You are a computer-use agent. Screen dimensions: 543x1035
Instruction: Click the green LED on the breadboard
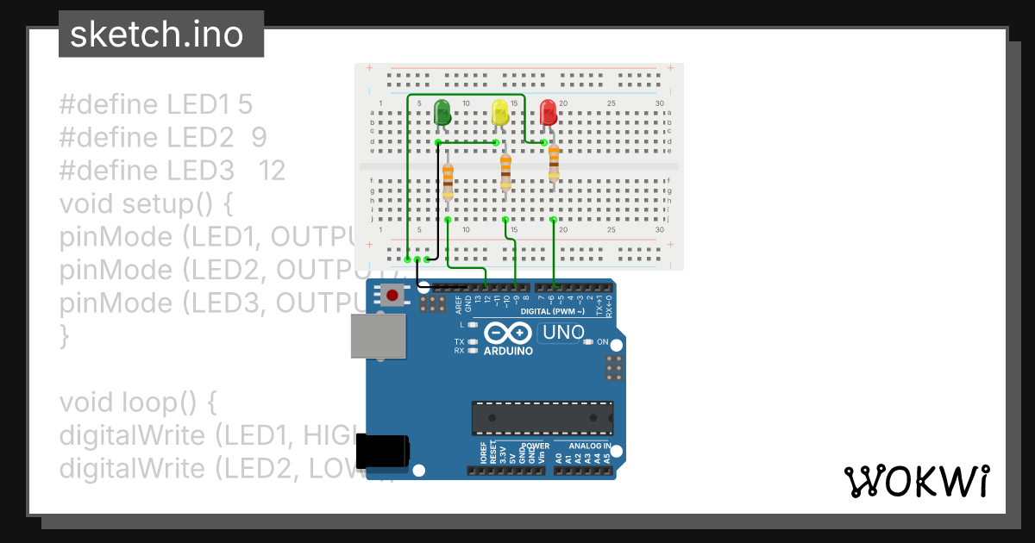point(442,112)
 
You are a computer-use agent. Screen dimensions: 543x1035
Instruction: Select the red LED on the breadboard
point(548,113)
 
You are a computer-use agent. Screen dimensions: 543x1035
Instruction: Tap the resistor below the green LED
point(448,181)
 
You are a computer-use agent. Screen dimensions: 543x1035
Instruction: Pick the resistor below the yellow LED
point(505,172)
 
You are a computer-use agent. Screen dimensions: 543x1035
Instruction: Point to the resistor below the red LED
point(554,161)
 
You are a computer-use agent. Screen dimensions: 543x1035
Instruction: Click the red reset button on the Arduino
point(392,296)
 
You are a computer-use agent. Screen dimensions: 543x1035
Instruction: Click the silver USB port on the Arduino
point(378,335)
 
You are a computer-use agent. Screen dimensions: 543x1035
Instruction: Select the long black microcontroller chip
point(542,418)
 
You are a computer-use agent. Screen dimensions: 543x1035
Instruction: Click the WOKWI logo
point(916,481)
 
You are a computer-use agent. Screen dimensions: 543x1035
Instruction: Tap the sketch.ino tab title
point(155,34)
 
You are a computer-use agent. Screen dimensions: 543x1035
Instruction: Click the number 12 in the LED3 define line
point(272,171)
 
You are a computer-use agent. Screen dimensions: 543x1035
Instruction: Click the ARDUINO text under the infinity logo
point(508,351)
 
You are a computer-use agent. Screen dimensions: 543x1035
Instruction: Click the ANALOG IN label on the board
point(590,446)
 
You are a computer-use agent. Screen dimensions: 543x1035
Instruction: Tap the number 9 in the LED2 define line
point(259,138)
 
